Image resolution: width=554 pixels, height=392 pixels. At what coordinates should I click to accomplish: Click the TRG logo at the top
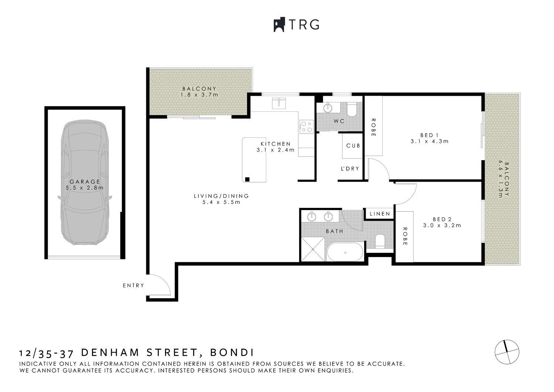click(296, 25)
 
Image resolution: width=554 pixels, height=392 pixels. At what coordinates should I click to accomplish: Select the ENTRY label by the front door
click(133, 285)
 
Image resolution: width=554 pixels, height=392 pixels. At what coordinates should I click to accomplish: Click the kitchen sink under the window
click(279, 103)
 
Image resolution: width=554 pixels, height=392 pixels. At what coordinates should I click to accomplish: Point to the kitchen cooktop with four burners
click(305, 126)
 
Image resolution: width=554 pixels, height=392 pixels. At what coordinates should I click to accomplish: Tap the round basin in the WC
click(328, 108)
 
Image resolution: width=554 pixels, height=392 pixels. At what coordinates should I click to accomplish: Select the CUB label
click(353, 146)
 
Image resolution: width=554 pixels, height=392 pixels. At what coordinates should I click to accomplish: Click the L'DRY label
click(350, 169)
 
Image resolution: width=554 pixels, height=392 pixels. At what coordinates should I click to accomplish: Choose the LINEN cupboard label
click(380, 214)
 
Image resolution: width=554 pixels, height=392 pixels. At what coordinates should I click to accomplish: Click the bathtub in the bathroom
click(345, 253)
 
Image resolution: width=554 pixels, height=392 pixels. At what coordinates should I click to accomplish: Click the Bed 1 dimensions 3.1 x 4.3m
click(429, 141)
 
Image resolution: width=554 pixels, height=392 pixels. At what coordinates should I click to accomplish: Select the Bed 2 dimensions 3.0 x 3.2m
click(442, 225)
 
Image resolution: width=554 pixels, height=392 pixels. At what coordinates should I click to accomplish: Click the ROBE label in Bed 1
click(373, 128)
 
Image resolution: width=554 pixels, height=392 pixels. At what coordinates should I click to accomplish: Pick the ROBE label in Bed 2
click(405, 236)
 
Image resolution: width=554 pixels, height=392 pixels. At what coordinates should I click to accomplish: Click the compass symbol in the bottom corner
click(507, 351)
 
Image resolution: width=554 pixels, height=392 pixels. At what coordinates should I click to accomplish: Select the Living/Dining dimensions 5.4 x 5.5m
click(221, 202)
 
